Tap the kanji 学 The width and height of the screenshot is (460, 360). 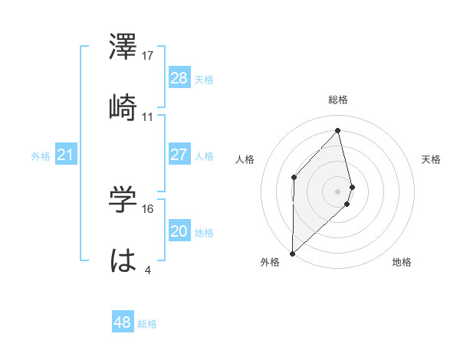click(x=123, y=201)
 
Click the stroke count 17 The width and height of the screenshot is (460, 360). click(x=148, y=56)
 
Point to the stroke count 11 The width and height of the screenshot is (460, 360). click(x=148, y=117)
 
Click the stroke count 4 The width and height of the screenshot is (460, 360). click(x=147, y=270)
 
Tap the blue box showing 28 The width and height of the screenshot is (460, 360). click(x=179, y=78)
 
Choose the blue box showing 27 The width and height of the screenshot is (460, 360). click(x=179, y=155)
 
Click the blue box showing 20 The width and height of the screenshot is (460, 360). click(x=179, y=231)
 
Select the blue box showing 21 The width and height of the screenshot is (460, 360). click(x=65, y=155)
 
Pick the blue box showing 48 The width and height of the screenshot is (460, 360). click(x=122, y=322)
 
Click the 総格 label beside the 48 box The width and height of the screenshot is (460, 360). click(x=147, y=324)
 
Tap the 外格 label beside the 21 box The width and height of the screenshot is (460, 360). click(x=41, y=156)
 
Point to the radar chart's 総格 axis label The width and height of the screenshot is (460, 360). click(x=338, y=100)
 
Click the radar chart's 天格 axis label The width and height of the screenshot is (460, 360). click(x=432, y=159)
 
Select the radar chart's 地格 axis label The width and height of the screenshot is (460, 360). click(x=402, y=263)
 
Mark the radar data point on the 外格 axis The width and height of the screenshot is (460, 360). click(x=292, y=253)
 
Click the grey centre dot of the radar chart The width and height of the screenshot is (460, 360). click(x=338, y=190)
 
